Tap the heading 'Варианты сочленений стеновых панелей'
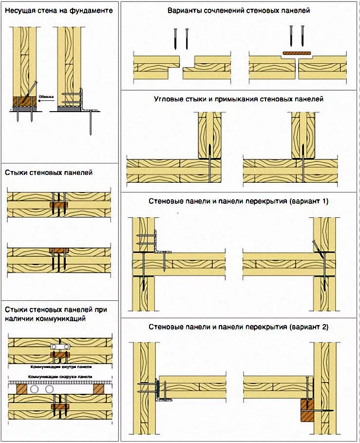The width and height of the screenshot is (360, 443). [x=239, y=10]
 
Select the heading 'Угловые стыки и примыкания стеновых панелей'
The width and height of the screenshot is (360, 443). [x=239, y=99]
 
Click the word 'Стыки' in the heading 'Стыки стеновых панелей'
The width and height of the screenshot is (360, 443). [x=16, y=172]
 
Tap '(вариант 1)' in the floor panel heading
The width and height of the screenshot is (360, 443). [x=310, y=201]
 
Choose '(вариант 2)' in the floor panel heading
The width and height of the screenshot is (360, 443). [x=310, y=327]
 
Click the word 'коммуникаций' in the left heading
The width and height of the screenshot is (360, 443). [x=62, y=319]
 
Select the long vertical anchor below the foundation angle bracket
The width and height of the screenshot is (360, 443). [x=91, y=122]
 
